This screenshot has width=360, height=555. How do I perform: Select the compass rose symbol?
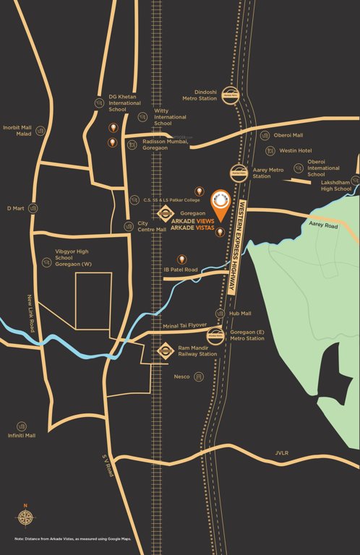point(25,517)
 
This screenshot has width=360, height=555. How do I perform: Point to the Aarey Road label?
point(323,225)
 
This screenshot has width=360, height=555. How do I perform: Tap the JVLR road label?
point(281,453)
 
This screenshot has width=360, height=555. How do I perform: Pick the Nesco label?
point(181,377)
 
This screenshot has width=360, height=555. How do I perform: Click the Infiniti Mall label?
point(21,436)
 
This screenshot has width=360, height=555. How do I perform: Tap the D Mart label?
point(16,208)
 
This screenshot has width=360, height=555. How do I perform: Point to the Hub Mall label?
point(240,314)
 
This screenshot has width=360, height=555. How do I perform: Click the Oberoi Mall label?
point(288,135)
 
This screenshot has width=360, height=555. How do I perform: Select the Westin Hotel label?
point(294,150)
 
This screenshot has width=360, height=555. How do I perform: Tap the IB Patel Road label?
point(181,270)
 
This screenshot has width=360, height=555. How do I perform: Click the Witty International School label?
point(171,116)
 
